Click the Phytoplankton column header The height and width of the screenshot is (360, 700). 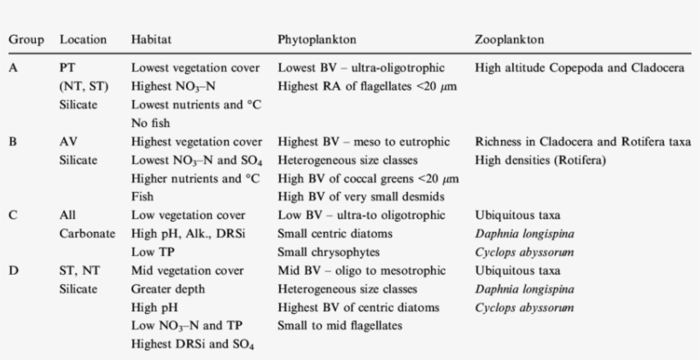point(312,40)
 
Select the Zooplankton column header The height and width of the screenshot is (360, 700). point(510,40)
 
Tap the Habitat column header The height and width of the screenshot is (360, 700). point(149,40)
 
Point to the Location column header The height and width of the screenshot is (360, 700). point(83,40)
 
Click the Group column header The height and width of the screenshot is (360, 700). point(26,40)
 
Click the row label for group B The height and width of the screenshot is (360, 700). point(14,142)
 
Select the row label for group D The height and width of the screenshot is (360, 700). point(14,270)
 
